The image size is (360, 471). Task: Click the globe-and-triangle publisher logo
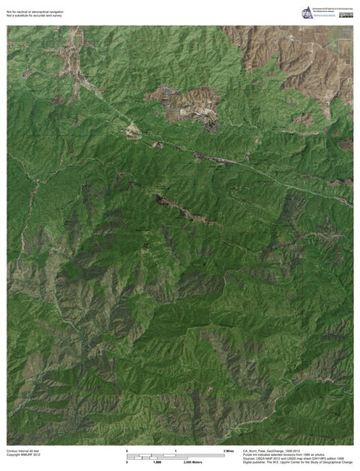click(x=307, y=13)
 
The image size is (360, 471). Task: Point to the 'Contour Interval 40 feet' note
click(x=22, y=451)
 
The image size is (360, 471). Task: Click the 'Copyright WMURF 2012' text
click(x=23, y=455)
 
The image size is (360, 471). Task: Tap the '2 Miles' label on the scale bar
click(x=229, y=450)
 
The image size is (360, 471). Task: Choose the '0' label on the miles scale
click(x=127, y=450)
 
